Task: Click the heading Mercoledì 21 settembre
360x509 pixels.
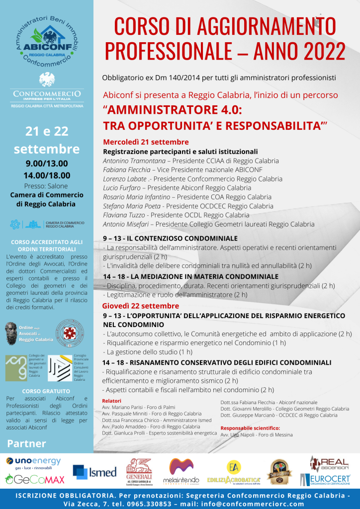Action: point(146,142)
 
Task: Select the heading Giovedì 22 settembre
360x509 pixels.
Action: point(141,306)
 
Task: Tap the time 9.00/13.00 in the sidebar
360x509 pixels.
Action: point(47,164)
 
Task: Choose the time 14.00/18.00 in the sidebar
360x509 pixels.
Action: point(47,175)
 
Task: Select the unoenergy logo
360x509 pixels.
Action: point(33,462)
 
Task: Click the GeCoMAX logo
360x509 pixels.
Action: point(34,479)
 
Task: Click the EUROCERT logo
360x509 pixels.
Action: point(325,480)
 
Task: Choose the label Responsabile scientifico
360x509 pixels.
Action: point(250,427)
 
